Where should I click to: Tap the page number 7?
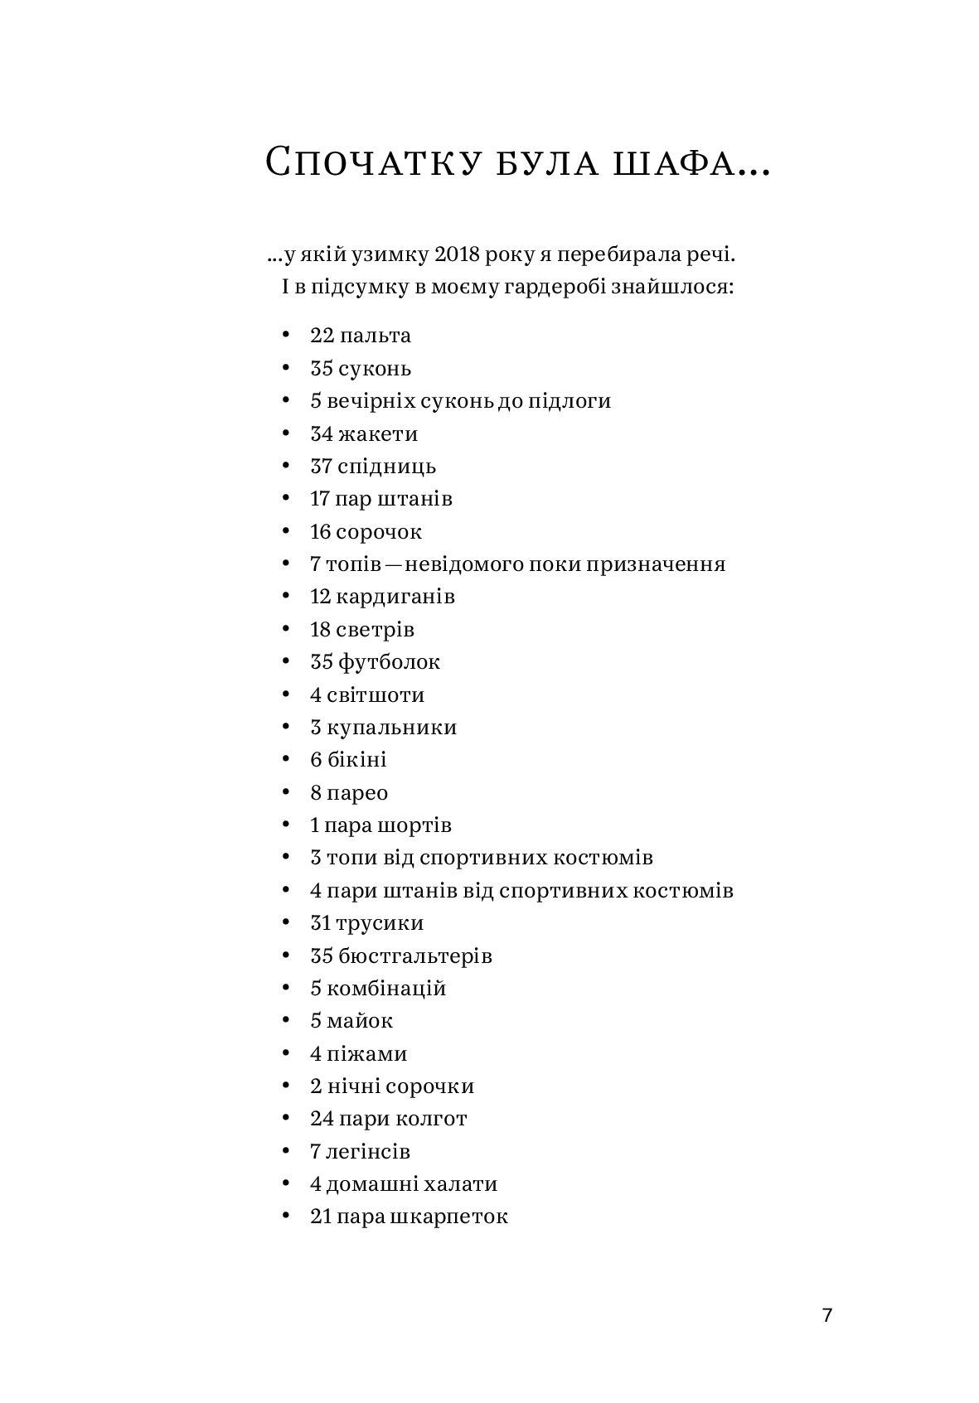[826, 1316]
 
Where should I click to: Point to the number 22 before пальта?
[321, 336]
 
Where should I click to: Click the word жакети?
[378, 433]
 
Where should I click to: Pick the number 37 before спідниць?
[321, 467]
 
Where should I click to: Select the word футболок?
[389, 662]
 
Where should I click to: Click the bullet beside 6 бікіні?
[286, 759]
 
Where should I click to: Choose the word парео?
[357, 793]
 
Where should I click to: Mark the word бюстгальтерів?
[415, 956]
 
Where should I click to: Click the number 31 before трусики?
[320, 923]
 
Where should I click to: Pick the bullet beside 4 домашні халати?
[286, 1183]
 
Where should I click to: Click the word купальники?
[392, 728]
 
